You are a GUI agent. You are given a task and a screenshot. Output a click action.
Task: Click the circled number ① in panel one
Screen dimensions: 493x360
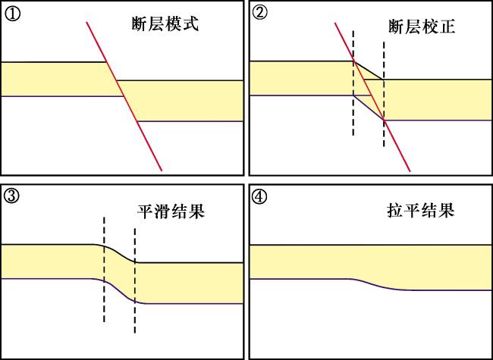tap(12, 14)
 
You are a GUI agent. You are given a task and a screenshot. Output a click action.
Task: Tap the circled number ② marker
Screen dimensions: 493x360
tap(259, 13)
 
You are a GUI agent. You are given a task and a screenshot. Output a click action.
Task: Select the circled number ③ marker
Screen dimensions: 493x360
tap(12, 196)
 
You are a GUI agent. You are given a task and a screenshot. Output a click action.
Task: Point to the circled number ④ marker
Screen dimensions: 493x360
tap(259, 196)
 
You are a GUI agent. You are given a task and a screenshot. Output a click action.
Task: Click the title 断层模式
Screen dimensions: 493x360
tap(165, 24)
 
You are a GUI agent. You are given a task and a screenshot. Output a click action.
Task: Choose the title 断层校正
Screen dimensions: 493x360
tap(422, 27)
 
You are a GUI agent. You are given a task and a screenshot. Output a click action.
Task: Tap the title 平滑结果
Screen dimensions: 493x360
tap(171, 211)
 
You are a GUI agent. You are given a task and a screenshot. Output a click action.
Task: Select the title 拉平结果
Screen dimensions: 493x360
tap(421, 210)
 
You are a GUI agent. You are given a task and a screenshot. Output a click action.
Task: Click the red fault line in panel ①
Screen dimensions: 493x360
tap(124, 96)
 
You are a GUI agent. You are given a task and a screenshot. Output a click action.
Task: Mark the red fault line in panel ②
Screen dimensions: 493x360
tap(372, 97)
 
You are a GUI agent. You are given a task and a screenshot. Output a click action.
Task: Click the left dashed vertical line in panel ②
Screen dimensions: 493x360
tap(353, 83)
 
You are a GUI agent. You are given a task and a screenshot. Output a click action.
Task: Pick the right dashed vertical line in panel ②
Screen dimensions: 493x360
tap(384, 94)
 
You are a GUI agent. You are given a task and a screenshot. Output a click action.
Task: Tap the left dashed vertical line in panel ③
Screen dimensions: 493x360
tap(104, 270)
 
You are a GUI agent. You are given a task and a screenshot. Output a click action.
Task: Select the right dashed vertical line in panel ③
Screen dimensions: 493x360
tap(135, 280)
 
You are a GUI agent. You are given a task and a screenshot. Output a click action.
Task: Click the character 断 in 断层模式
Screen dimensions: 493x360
tap(140, 24)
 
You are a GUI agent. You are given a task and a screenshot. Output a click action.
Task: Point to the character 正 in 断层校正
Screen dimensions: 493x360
tap(447, 27)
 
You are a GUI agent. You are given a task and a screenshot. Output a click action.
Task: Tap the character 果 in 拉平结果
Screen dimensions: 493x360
tap(447, 210)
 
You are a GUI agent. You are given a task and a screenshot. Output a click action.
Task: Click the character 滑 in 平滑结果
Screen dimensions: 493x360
tap(162, 211)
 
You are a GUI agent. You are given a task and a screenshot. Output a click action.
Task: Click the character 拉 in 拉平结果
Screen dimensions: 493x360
tap(395, 210)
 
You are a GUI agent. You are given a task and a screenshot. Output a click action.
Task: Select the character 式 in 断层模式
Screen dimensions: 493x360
tap(191, 24)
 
